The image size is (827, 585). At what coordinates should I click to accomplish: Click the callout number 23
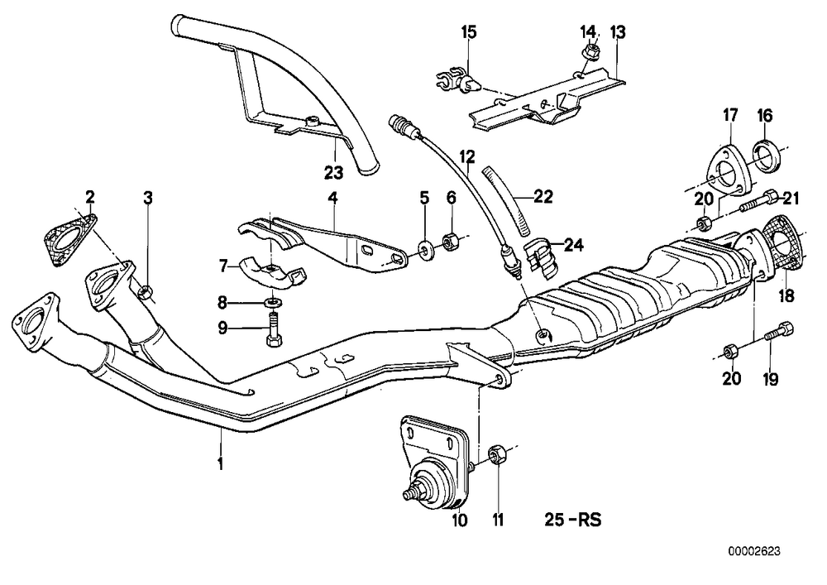333,172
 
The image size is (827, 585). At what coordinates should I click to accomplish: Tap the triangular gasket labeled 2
70,239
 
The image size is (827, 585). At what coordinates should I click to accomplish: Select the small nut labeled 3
146,290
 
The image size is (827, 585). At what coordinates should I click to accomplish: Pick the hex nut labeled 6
450,242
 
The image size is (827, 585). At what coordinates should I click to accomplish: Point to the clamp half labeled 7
271,271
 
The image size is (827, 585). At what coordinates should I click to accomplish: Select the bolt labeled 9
274,328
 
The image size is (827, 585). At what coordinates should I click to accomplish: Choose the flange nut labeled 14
589,51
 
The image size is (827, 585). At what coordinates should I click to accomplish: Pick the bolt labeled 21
759,202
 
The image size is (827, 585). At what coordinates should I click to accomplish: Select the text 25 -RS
573,520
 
